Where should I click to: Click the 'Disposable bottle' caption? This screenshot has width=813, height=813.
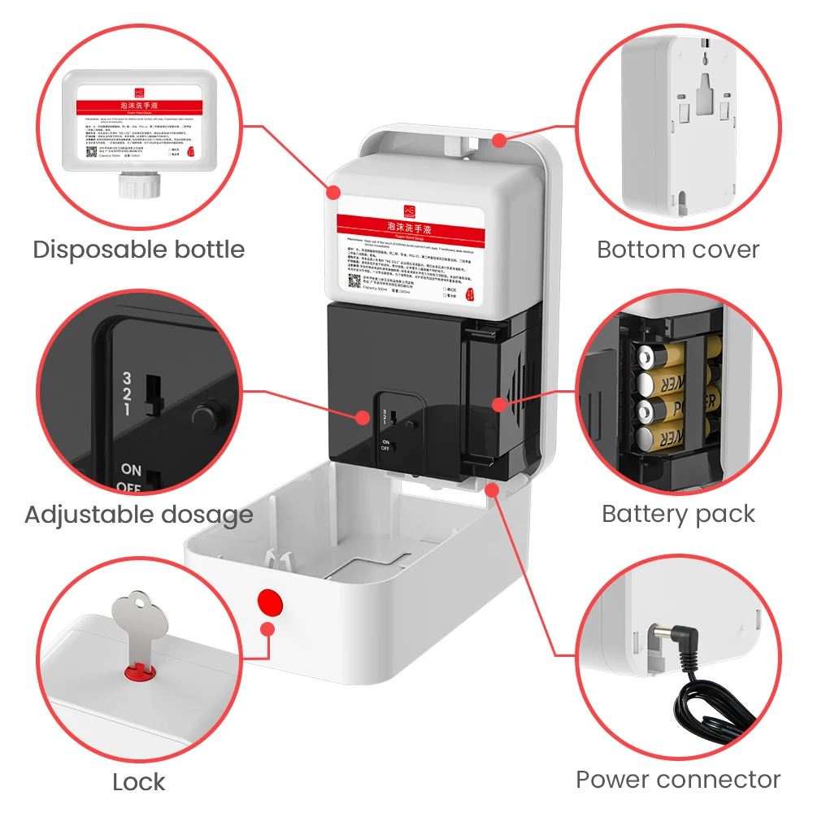[x=138, y=249]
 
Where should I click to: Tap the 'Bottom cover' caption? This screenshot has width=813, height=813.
[x=678, y=249]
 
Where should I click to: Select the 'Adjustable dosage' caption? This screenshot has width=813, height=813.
[x=138, y=514]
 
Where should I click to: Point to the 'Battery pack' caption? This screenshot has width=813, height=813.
[x=678, y=514]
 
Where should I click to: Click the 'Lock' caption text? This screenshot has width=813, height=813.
[x=138, y=781]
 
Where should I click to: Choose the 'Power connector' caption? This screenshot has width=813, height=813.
[x=678, y=779]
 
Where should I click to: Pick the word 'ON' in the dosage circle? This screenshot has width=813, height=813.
[x=131, y=469]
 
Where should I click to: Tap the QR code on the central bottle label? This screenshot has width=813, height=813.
[x=355, y=281]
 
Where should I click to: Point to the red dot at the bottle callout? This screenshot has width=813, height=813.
[x=333, y=192]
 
